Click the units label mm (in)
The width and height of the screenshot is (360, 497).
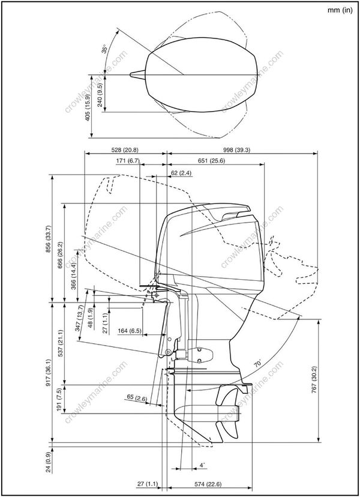point(340,10)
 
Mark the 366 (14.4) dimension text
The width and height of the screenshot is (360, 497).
point(74,277)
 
